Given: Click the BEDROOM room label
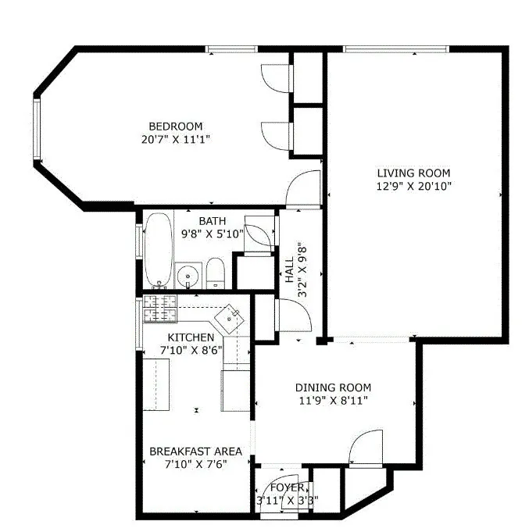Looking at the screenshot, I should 176,126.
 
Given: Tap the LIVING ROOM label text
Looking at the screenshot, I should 413,173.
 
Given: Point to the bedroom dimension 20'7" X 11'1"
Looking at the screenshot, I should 176,138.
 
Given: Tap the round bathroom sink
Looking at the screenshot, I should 188,276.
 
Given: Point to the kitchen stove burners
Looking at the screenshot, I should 160,309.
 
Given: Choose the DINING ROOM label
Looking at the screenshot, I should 333,387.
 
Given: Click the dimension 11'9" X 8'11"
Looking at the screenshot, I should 333,400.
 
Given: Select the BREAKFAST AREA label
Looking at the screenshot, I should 195,452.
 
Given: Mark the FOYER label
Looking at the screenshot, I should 287,487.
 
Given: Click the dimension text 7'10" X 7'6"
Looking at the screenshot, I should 195,464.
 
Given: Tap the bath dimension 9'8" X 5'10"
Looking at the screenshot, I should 212,233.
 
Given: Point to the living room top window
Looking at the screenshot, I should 396,49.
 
